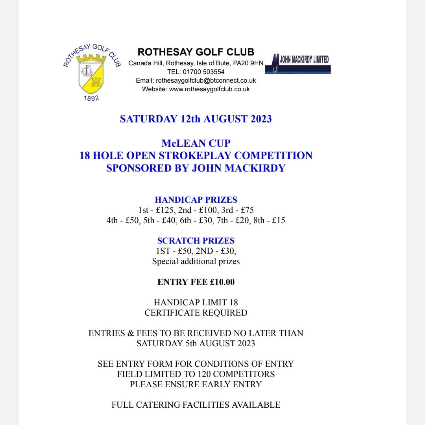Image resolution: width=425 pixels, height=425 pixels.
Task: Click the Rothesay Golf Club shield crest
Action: (91, 75)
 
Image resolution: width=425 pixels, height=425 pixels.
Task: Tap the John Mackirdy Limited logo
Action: (298, 63)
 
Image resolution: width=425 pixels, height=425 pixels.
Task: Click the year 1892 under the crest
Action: (91, 98)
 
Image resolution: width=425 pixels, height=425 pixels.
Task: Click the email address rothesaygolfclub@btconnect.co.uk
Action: (206, 80)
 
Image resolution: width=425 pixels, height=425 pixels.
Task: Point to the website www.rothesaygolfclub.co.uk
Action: (209, 89)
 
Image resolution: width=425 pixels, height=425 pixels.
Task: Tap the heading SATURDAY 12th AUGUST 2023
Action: (196, 119)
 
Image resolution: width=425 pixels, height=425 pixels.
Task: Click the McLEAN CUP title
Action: (196, 143)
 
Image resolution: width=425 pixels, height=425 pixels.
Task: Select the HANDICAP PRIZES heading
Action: (196, 200)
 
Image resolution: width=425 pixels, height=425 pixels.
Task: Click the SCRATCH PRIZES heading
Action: (196, 240)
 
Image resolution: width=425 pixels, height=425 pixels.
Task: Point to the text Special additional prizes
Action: (196, 261)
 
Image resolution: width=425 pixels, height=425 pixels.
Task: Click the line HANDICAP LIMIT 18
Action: (196, 303)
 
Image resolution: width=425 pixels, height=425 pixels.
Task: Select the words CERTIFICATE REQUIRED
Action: (196, 313)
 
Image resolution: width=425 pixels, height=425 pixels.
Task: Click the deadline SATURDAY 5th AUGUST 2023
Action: (196, 343)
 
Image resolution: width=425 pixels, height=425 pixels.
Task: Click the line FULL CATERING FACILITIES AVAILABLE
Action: (196, 405)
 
